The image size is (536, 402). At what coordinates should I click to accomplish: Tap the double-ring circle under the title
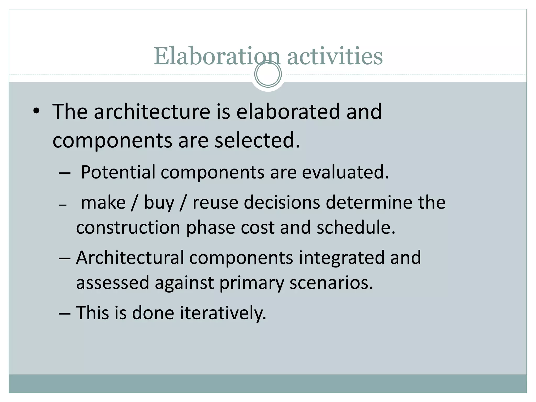268,74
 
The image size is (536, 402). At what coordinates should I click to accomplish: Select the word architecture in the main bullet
152,111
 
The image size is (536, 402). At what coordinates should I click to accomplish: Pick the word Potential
118,172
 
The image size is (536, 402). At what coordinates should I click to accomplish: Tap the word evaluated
345,172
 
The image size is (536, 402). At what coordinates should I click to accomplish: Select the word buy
159,203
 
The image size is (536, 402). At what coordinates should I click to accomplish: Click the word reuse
215,203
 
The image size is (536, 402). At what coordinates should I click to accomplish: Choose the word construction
128,227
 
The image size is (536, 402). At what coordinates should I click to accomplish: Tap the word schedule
356,227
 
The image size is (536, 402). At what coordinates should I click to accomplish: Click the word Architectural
130,258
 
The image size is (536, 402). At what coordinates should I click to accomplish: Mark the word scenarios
331,283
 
